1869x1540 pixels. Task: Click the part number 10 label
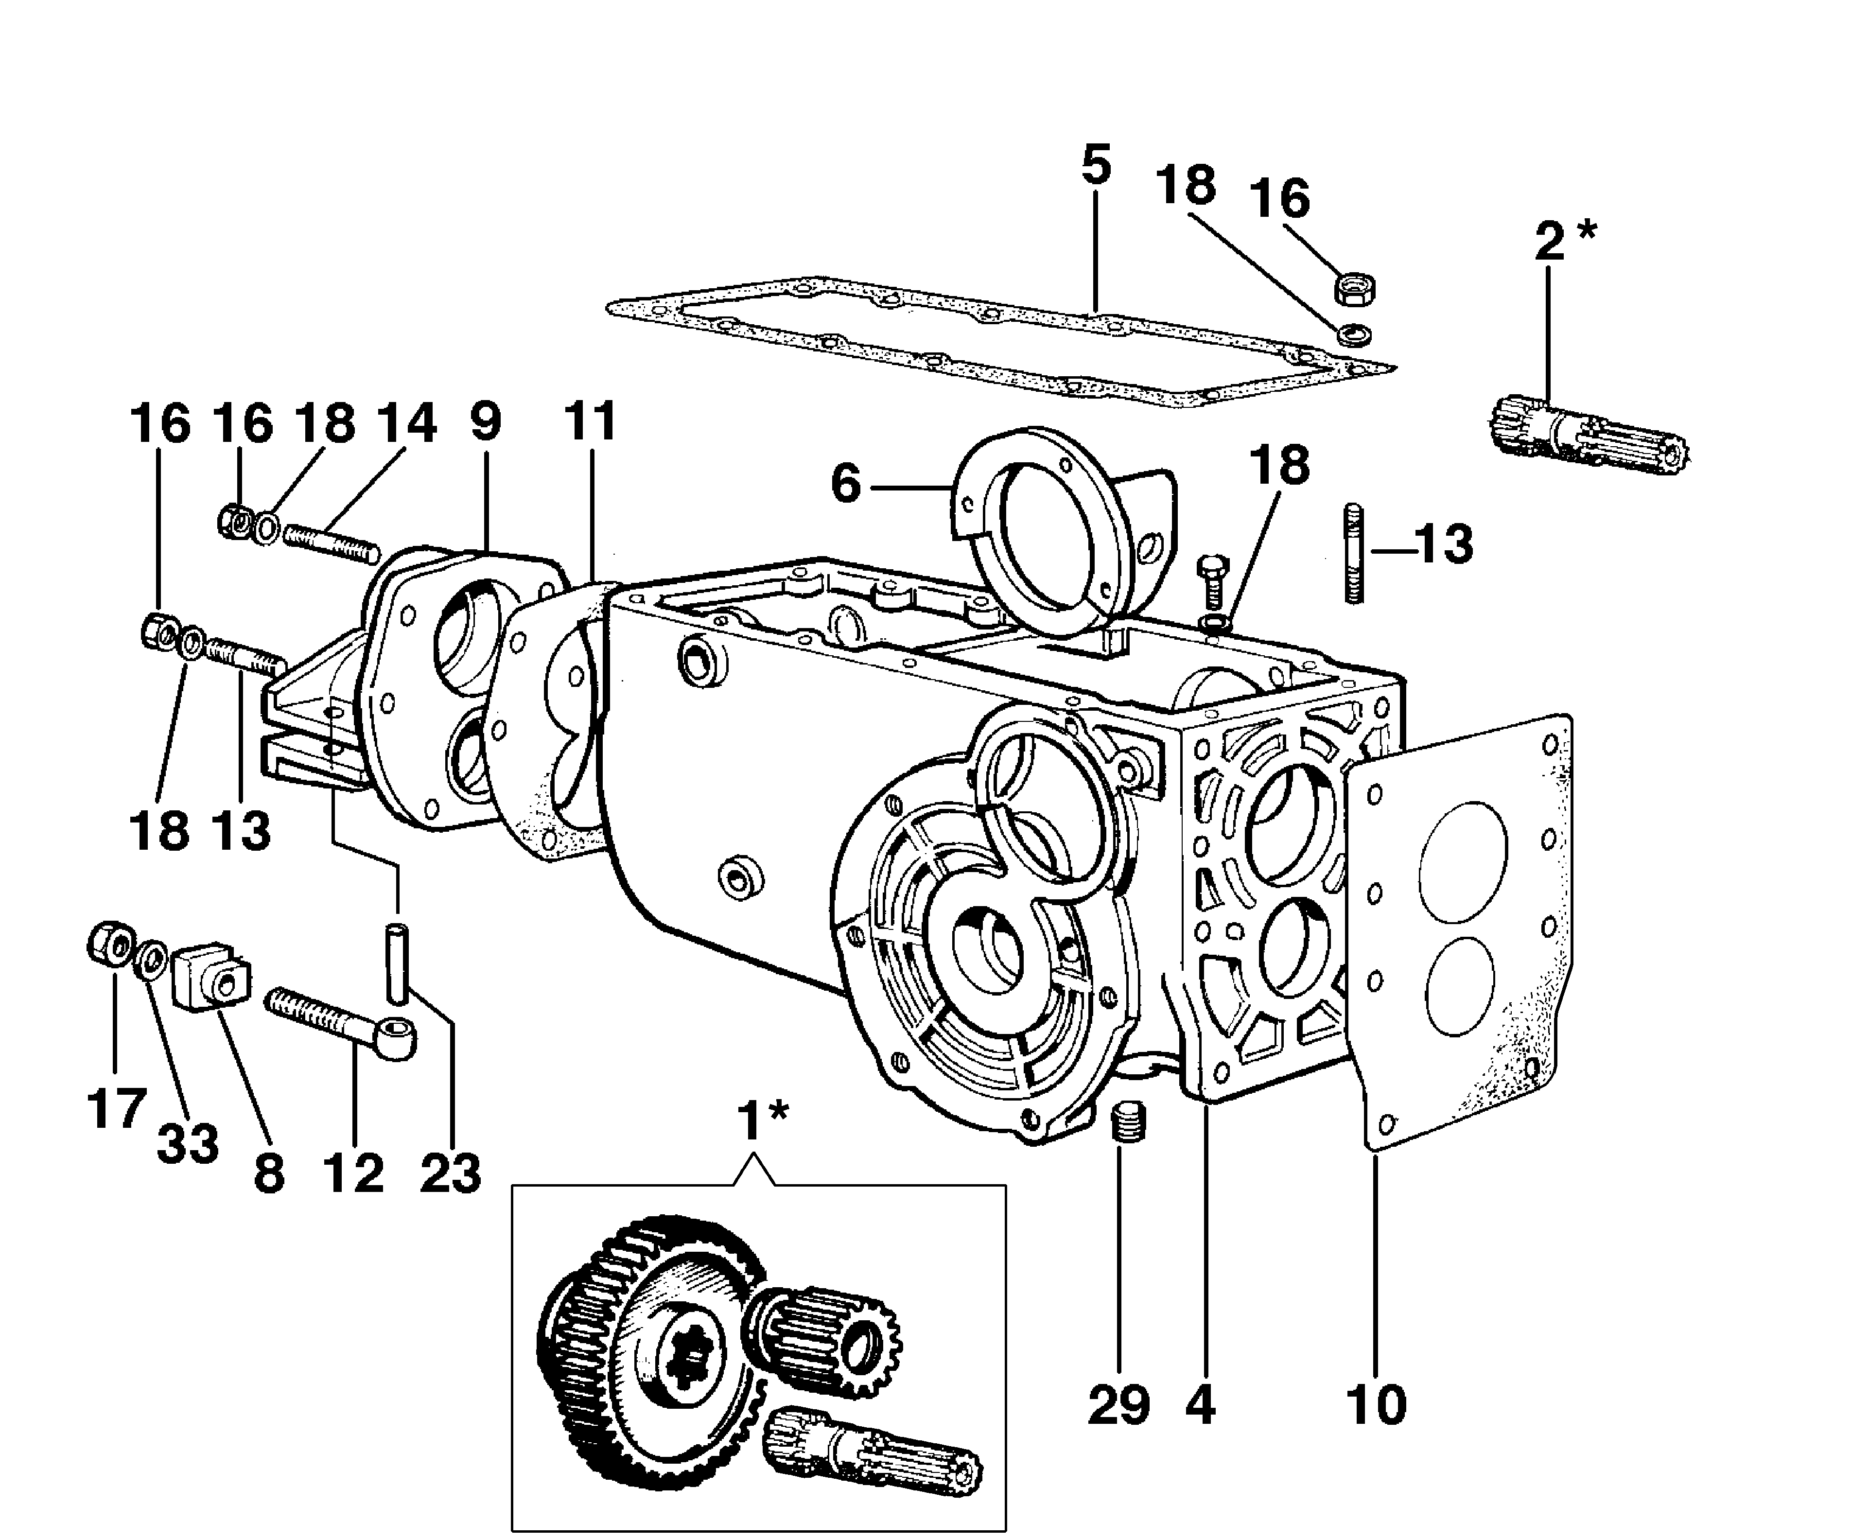coord(1376,1405)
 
